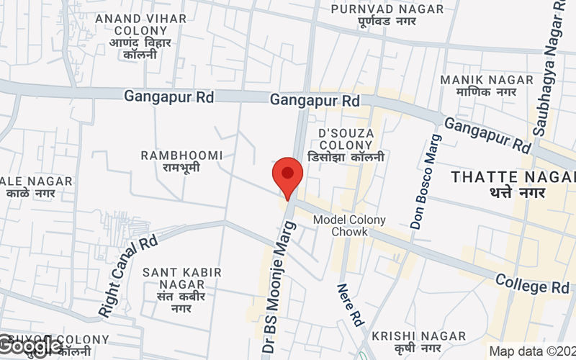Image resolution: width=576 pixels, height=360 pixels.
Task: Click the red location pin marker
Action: (287, 175)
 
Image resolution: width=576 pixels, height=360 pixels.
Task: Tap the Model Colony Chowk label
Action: (349, 225)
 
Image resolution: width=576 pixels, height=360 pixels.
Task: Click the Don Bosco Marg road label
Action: (425, 182)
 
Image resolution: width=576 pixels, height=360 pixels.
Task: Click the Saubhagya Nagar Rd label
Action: (548, 68)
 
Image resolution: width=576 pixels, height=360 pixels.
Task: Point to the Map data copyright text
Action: (531, 351)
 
